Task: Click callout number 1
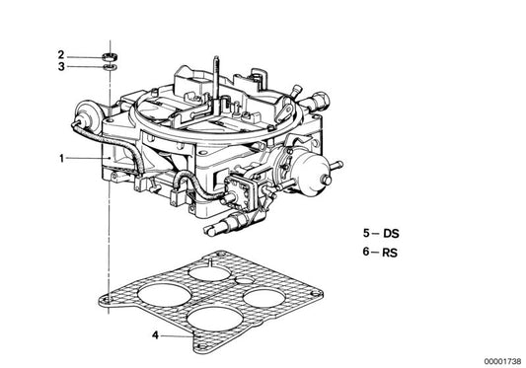60,158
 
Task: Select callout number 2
60,54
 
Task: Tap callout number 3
60,67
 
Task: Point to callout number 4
155,335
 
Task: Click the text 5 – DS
383,234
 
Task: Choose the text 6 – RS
383,254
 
